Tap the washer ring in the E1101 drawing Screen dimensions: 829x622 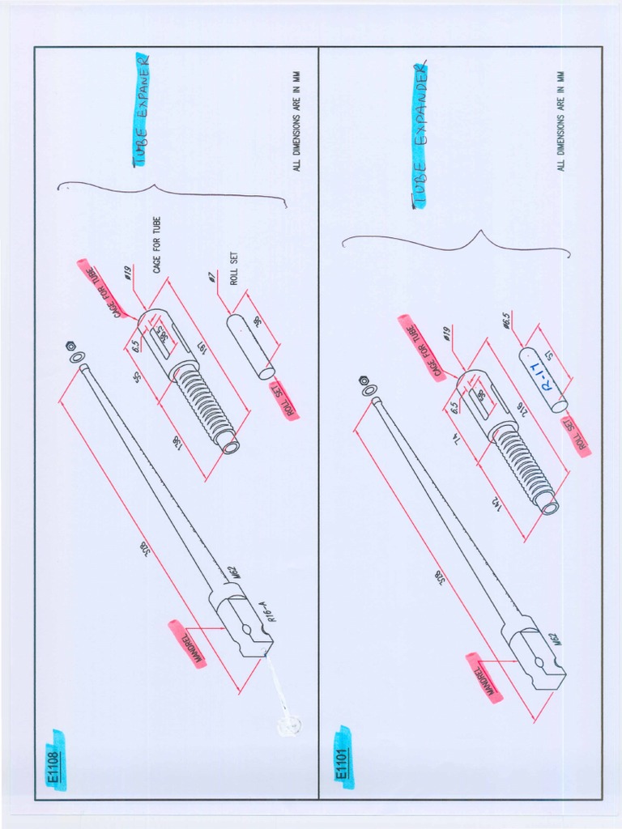[370, 391]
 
